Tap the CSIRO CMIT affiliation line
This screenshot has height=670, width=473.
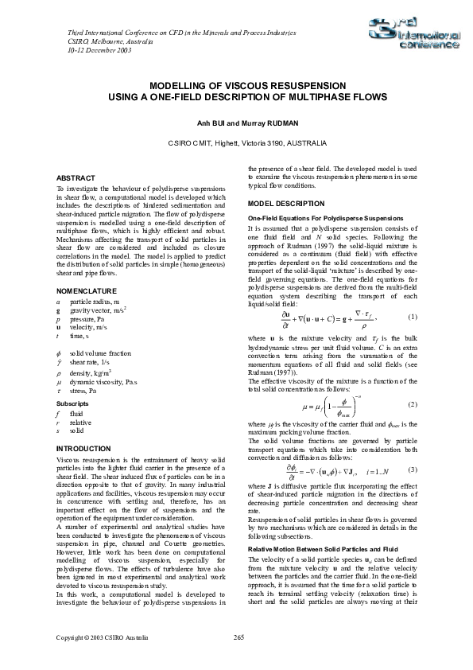pos(236,142)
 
